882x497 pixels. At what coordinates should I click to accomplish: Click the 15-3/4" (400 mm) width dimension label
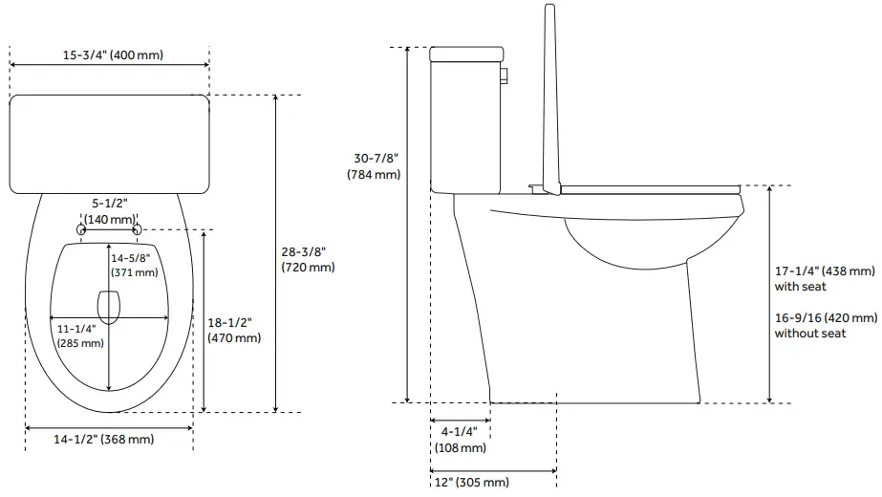coord(113,54)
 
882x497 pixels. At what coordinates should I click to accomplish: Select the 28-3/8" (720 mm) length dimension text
coord(308,259)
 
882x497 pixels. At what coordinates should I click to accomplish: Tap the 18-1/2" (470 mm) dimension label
coord(234,330)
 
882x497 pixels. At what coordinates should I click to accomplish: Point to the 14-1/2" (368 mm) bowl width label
coord(102,439)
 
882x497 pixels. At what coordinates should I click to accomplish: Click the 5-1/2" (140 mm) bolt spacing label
coord(109,211)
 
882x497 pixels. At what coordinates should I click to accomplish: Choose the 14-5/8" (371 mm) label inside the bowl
coord(134,265)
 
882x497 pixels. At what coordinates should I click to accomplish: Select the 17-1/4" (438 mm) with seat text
coord(825,278)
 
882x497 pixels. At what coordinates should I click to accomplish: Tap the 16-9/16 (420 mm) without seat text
coord(825,325)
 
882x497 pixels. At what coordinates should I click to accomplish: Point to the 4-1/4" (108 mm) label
coord(460,439)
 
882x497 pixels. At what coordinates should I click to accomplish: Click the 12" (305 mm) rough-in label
coord(470,482)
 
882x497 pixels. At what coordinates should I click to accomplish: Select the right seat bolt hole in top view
coord(138,228)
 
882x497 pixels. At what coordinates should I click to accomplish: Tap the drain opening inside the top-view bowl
coord(110,305)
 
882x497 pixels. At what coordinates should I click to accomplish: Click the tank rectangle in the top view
coord(109,141)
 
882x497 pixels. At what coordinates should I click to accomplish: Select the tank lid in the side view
coord(465,54)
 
